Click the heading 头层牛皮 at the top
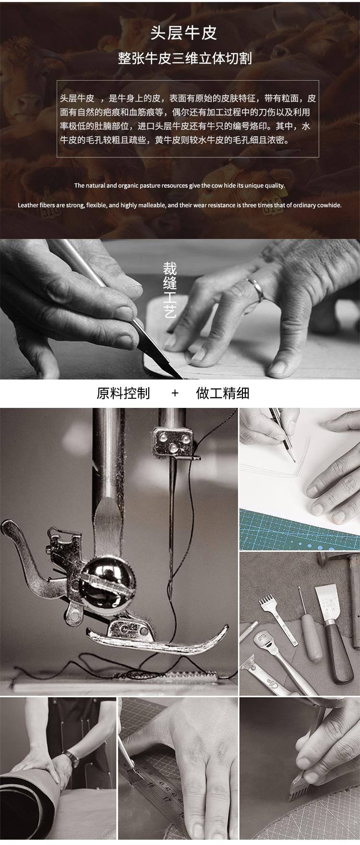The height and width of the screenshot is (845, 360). [184, 33]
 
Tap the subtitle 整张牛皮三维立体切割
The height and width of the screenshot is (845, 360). [185, 59]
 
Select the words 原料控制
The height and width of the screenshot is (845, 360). [123, 393]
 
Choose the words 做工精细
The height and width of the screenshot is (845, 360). [223, 393]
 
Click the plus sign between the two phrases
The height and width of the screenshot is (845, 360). [175, 393]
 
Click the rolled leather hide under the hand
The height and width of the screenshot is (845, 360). [29, 806]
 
